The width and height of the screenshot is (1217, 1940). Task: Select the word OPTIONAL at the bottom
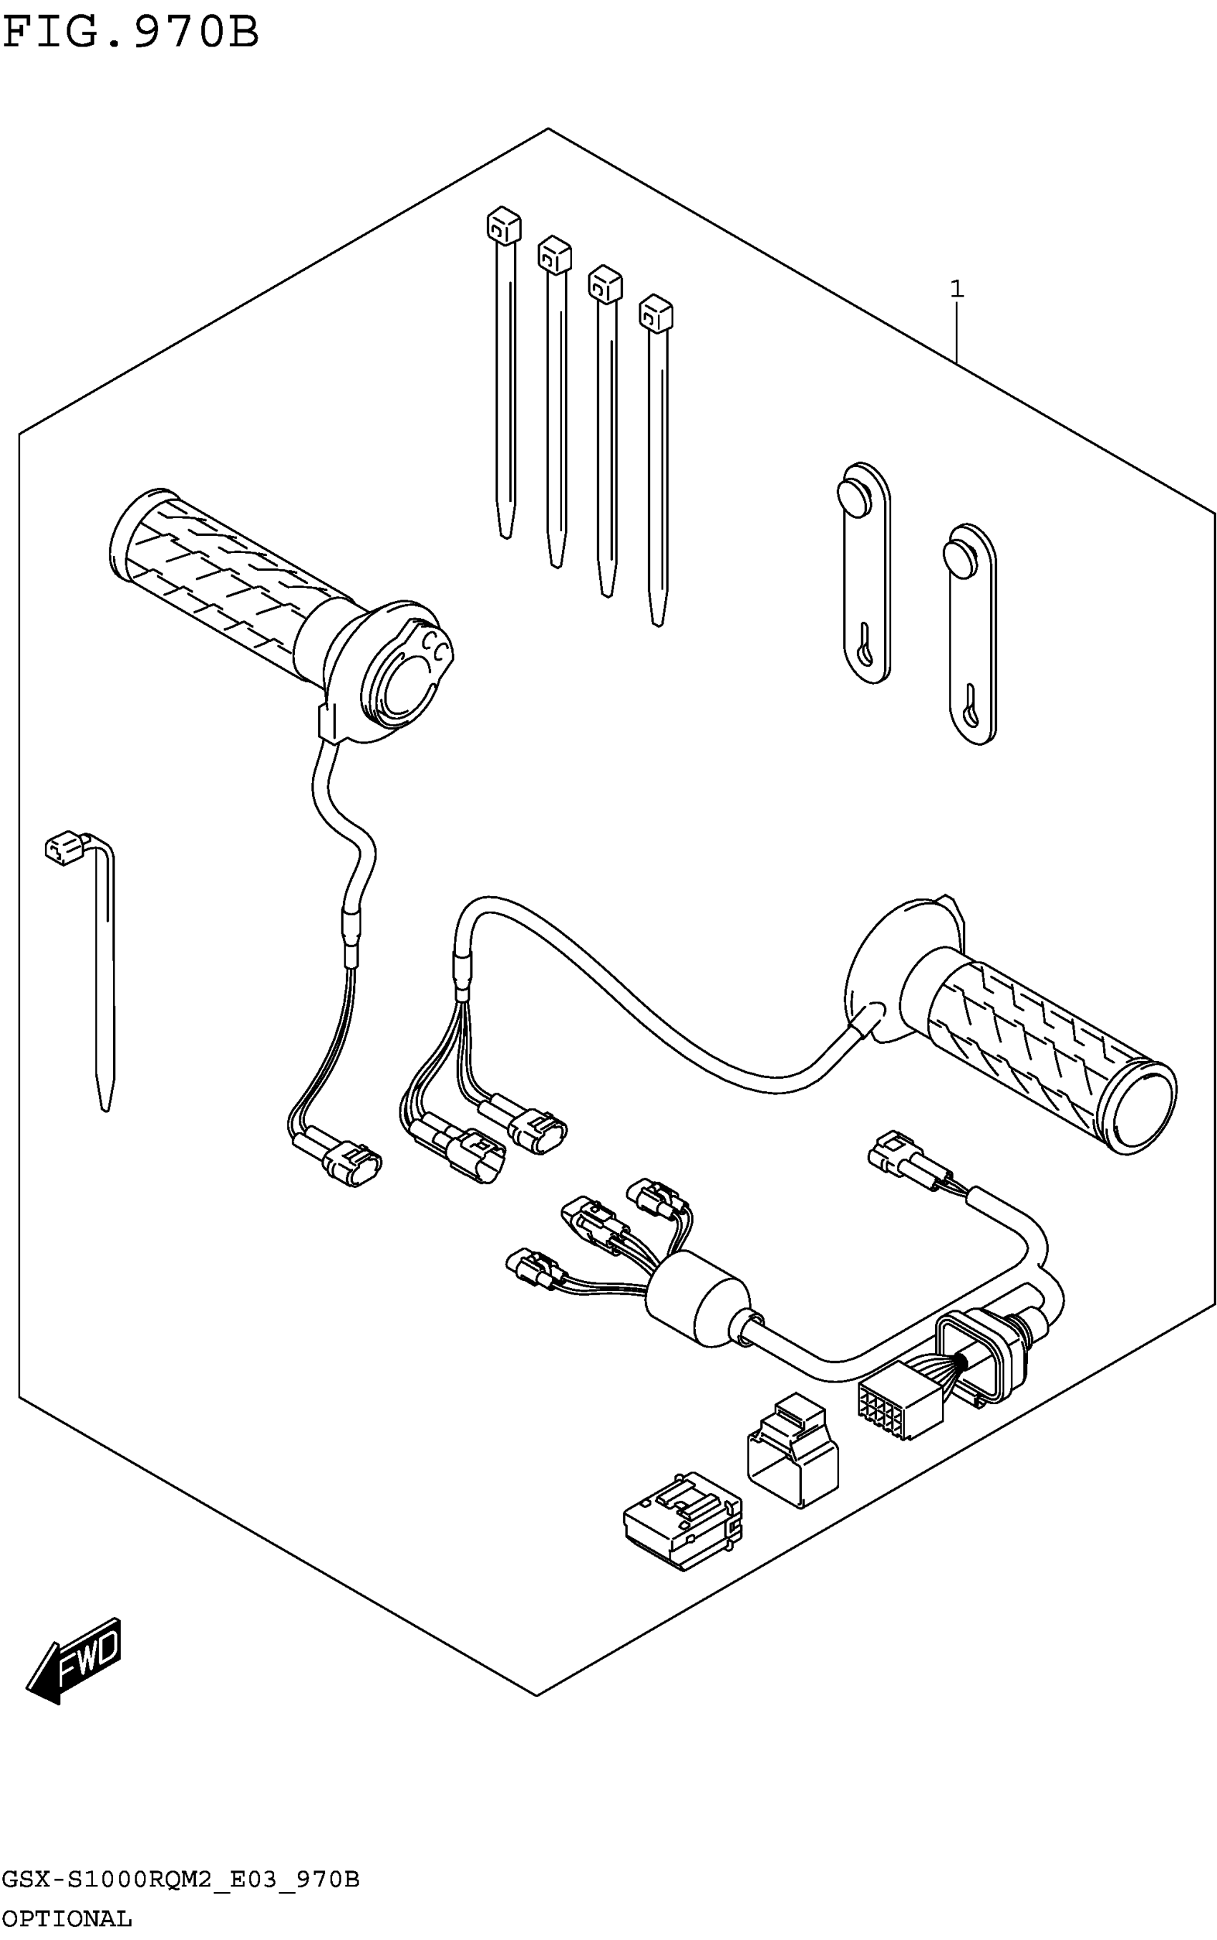coord(67,1919)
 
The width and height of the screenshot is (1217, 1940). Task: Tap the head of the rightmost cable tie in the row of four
coord(656,312)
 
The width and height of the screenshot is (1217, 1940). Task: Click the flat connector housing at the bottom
coord(682,1519)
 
